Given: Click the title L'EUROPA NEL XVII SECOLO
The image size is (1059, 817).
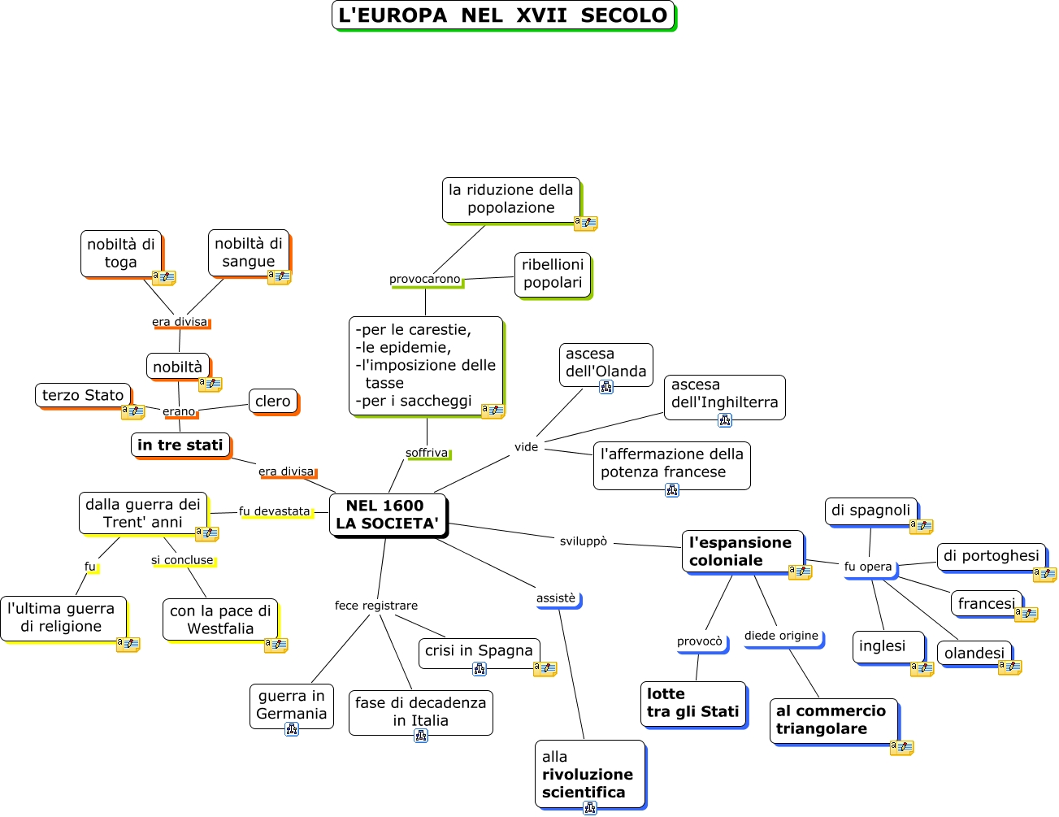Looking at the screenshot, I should pos(503,15).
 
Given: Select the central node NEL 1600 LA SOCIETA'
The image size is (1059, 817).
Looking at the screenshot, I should pos(387,515).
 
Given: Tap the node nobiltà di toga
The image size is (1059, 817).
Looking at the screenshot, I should pos(121,253).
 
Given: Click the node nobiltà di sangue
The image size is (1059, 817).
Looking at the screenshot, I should pos(248,252).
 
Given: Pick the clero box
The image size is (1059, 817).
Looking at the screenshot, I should pos(272,401).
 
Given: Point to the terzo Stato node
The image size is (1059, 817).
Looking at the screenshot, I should pos(83,395).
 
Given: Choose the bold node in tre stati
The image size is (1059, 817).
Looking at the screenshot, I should pos(180,445).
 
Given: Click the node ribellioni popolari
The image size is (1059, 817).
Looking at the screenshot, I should pos(553,274).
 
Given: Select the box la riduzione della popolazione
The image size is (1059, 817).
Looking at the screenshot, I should pos(510,199).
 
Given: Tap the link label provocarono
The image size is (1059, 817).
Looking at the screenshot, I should pos(424,279).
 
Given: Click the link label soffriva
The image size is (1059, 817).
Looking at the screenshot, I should pos(427,453).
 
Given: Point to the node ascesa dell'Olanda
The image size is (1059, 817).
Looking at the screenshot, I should pos(605,363).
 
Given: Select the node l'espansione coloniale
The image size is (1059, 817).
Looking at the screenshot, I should pos(741,551).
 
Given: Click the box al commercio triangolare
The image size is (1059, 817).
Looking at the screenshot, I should pos(832,719).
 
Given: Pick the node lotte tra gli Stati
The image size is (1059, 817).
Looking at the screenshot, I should pos(692,703).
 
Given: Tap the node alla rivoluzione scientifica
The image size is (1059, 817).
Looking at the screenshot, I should pos(588,774).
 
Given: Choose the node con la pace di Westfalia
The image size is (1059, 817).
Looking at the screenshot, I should pos(220,619).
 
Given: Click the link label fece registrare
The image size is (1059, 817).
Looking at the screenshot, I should pos(376,606).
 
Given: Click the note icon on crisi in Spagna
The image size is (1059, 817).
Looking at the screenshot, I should pos(545,669).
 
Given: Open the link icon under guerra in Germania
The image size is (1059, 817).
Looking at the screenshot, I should pos(292,729).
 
